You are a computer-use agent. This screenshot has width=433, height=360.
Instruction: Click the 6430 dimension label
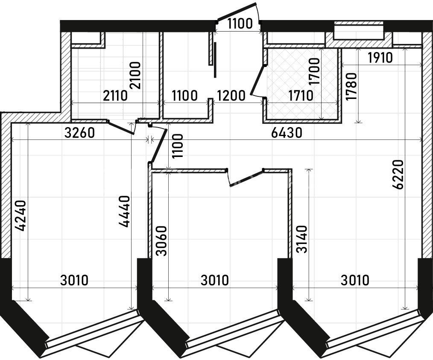tap(287, 133)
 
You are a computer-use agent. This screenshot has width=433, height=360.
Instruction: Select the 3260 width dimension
tap(79, 133)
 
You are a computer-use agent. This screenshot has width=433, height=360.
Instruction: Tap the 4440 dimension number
tap(124, 212)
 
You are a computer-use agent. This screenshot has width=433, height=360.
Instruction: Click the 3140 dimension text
tap(301, 239)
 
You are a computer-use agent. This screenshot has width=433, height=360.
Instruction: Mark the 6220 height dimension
tap(398, 174)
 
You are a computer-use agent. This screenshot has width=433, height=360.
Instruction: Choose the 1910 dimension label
tap(380, 58)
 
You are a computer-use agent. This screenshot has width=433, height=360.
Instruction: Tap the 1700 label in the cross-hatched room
tap(314, 72)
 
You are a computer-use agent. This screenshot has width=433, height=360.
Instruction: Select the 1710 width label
tap(301, 96)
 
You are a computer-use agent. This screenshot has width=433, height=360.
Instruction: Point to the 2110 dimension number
tap(115, 96)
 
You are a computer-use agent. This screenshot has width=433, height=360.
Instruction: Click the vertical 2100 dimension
tap(135, 75)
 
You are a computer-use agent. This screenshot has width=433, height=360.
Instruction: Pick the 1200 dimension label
tap(231, 96)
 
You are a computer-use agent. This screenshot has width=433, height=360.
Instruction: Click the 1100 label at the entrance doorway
tap(240, 24)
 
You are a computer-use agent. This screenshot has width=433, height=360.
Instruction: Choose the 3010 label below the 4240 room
tap(74, 280)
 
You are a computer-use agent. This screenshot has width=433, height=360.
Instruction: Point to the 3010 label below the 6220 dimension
tap(355, 280)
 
